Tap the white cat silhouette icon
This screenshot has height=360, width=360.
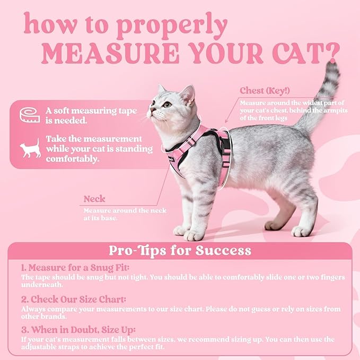coord(30,148)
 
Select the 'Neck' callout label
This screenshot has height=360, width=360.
coord(94,199)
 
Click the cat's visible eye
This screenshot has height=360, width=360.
coord(167,104)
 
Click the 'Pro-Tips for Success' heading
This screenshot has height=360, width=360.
coord(180,250)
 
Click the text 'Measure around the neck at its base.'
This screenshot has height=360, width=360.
coord(125,214)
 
